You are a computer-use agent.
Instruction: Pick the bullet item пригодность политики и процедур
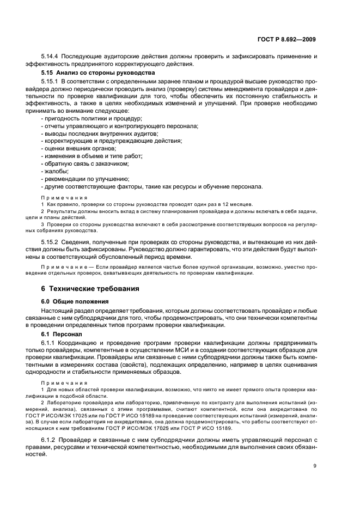(91, 118)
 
